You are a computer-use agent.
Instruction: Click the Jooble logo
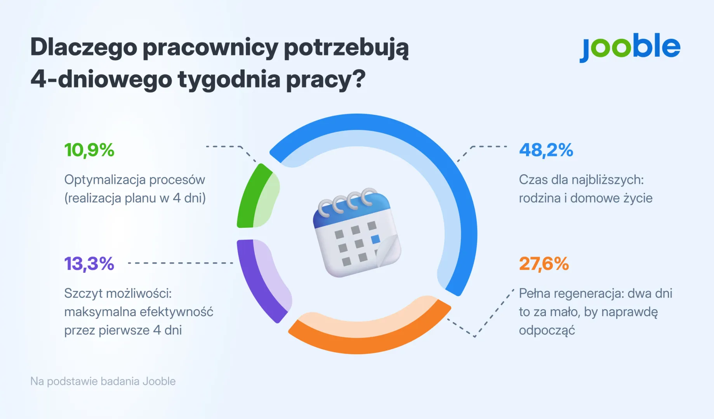click(629, 47)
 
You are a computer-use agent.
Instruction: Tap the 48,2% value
click(546, 150)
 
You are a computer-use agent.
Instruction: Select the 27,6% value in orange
click(544, 264)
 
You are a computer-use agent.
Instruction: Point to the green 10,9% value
click(89, 150)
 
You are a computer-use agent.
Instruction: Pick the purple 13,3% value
click(89, 264)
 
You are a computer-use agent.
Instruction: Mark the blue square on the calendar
click(375, 239)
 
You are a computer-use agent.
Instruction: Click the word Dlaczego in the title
click(83, 47)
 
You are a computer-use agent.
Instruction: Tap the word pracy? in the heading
click(326, 79)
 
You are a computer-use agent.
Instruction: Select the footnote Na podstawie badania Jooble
click(103, 381)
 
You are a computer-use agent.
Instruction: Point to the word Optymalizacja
click(104, 180)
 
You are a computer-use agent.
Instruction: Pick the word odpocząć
click(547, 331)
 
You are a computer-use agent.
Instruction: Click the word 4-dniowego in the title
click(101, 79)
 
